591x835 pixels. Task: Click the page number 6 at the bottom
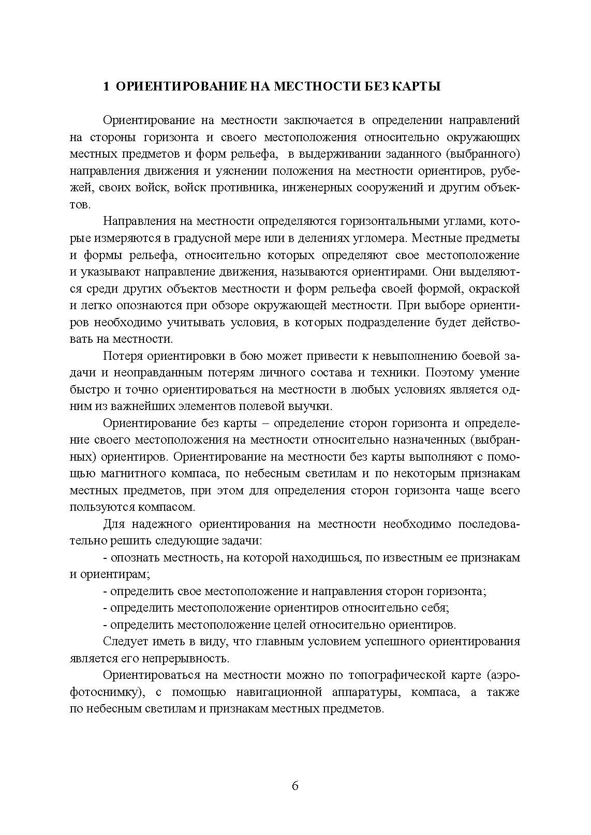click(295, 786)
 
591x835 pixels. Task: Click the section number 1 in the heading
click(106, 86)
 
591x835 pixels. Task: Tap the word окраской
click(494, 289)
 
